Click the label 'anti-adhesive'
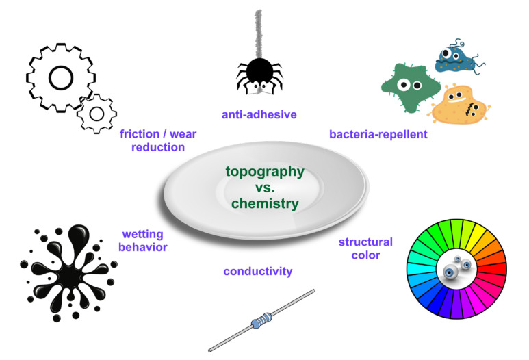coord(259,114)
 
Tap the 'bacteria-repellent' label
coord(378,134)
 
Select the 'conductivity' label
coord(258,272)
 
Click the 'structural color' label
coord(365,248)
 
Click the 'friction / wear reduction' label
coord(151,140)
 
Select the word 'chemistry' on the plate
coord(265,203)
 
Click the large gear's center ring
coord(61,78)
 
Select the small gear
coord(96,113)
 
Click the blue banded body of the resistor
coord(264,319)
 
